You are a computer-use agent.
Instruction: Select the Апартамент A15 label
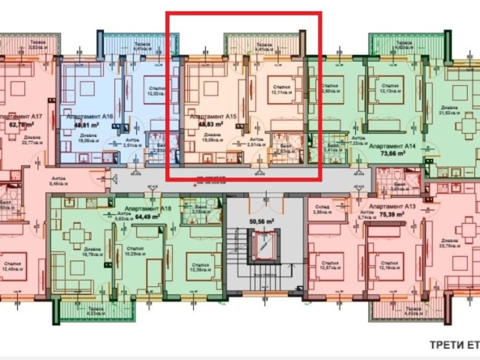pos(213,117)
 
